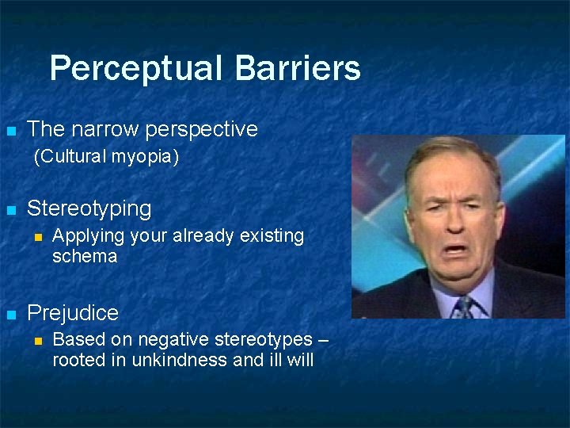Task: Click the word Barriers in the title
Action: click(x=298, y=68)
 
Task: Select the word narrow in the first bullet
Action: click(x=100, y=128)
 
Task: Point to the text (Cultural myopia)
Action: click(x=106, y=157)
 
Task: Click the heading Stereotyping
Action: click(x=89, y=209)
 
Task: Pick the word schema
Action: click(x=84, y=257)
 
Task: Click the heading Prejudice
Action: click(x=72, y=313)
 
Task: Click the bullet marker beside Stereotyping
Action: click(x=11, y=211)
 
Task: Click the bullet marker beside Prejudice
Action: click(x=11, y=315)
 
